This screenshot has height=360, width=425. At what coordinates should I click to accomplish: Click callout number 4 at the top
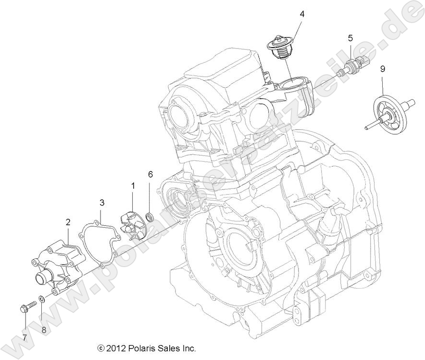pyautogui.click(x=302, y=14)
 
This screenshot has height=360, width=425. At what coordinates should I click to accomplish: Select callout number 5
pyautogui.click(x=350, y=37)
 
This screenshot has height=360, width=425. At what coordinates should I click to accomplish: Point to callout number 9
pyautogui.click(x=383, y=69)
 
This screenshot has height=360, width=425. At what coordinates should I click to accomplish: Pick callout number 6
pyautogui.click(x=150, y=174)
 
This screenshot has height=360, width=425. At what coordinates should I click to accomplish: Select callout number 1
pyautogui.click(x=133, y=185)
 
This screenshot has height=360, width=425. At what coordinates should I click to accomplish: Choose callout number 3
pyautogui.click(x=102, y=202)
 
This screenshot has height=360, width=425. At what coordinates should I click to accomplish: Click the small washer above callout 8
pyautogui.click(x=42, y=300)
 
